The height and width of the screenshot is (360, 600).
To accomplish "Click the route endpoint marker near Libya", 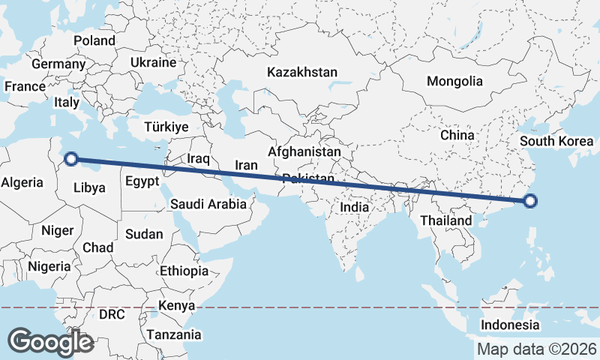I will pyautogui.click(x=70, y=158).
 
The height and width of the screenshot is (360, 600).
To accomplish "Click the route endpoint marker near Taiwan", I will pyautogui.click(x=530, y=200).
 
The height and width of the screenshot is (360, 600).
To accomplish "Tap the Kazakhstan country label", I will pyautogui.click(x=302, y=73).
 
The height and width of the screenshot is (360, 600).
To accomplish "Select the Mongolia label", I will pyautogui.click(x=454, y=81).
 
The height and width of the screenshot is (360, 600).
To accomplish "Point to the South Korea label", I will pyautogui.click(x=556, y=141).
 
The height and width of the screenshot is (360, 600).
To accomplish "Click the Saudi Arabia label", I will pyautogui.click(x=208, y=203).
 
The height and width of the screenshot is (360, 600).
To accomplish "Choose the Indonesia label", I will pyautogui.click(x=510, y=325).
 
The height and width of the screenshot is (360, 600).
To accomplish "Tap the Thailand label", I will pyautogui.click(x=446, y=220).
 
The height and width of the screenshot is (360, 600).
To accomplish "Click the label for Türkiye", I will pyautogui.click(x=166, y=127).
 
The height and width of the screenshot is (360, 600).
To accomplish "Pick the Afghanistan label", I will pyautogui.click(x=304, y=151).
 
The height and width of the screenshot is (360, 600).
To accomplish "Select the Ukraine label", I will pyautogui.click(x=153, y=62).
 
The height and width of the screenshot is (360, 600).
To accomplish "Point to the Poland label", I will pyautogui.click(x=94, y=40).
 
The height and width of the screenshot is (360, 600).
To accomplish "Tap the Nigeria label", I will pyautogui.click(x=49, y=265).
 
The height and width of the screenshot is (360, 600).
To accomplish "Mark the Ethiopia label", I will pyautogui.click(x=184, y=271).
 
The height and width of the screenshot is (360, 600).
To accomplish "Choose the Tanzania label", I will pyautogui.click(x=174, y=334).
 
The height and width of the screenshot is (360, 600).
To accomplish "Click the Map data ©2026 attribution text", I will pyautogui.click(x=537, y=349).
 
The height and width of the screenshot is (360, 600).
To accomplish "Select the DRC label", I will pyautogui.click(x=112, y=314).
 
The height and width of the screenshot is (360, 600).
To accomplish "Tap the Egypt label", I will pyautogui.click(x=142, y=181).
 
